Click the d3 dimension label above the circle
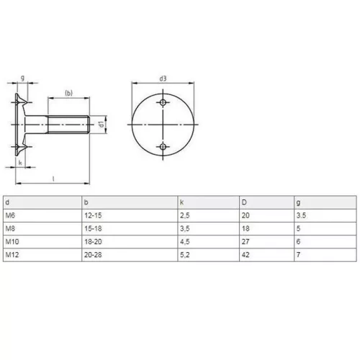tap(163, 78)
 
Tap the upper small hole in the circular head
tap(163, 102)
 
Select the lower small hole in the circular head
tap(163, 147)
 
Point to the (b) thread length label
tap(68, 93)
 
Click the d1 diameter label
tap(102, 125)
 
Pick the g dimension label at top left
tap(23, 78)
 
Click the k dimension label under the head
tap(20, 163)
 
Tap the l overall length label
tap(53, 179)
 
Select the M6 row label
tap(10, 215)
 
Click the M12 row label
tap(12, 255)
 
